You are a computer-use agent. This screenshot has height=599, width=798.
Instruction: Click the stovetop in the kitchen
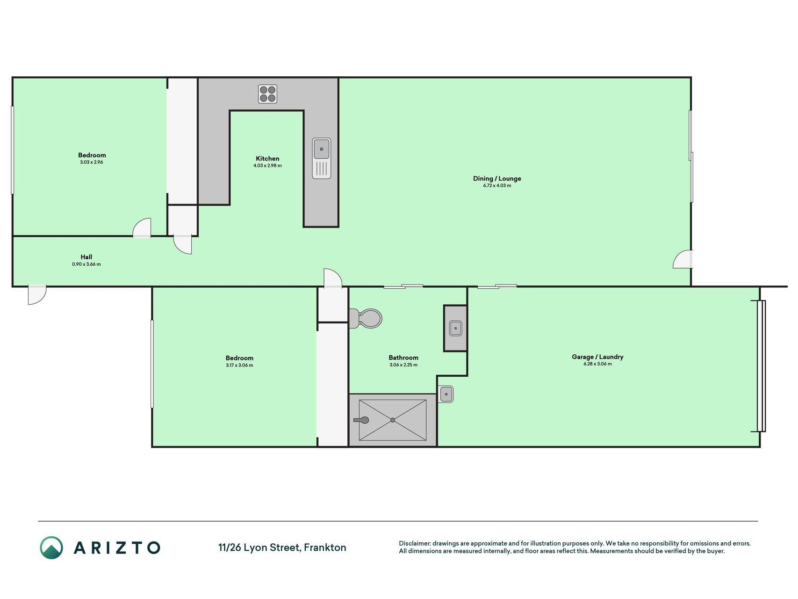[x=267, y=94]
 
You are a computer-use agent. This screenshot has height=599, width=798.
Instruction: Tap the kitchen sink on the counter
[x=322, y=158]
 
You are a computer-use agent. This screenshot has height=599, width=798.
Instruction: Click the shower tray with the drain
[x=393, y=420]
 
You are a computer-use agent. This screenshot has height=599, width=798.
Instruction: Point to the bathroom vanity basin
[x=455, y=328]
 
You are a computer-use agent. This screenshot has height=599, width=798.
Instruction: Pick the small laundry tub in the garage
[x=446, y=394]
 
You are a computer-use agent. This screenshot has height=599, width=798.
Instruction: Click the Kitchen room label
[x=267, y=159]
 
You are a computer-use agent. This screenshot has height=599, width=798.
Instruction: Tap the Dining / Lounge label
[x=497, y=178]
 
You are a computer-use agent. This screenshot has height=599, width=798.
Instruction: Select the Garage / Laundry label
[x=597, y=357]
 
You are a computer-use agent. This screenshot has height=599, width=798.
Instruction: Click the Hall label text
[x=86, y=257]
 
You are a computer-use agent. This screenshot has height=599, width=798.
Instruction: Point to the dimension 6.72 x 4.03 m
[x=497, y=186]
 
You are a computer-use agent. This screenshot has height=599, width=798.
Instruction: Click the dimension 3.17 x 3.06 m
[x=239, y=365]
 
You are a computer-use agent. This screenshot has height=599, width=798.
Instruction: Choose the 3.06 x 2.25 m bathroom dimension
[x=403, y=365]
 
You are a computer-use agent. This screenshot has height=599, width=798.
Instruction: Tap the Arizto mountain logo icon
[x=51, y=548]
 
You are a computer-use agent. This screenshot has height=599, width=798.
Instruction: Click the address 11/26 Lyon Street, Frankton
[x=282, y=548]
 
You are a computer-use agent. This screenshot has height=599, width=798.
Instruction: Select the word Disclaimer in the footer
[x=414, y=544]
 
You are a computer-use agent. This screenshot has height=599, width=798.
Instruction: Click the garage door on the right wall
[x=761, y=366]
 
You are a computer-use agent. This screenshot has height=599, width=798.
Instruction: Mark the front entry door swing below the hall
[x=37, y=295]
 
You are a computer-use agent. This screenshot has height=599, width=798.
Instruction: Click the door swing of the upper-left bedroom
[x=142, y=228]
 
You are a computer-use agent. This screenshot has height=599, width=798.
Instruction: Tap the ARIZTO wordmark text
[x=117, y=548]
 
